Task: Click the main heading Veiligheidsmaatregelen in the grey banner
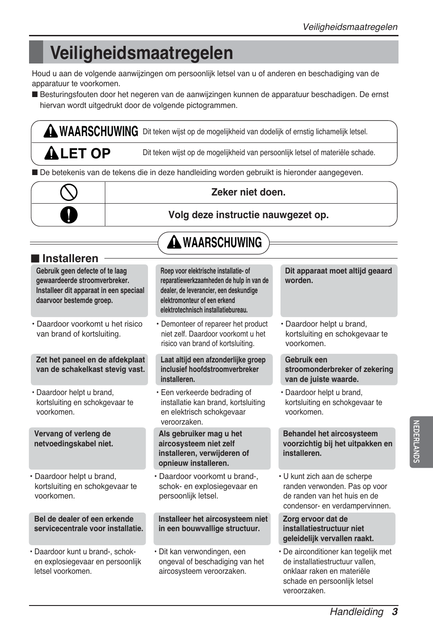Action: (x=142, y=53)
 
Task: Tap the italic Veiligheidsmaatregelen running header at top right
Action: (x=350, y=27)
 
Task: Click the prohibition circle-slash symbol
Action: (x=69, y=192)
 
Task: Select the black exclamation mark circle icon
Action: (x=69, y=215)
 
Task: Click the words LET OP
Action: (x=85, y=153)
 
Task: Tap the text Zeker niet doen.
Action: (x=248, y=192)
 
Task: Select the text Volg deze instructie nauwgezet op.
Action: (x=248, y=215)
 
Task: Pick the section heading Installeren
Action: (x=70, y=258)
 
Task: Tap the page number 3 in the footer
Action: (x=394, y=611)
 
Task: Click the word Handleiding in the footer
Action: (x=356, y=611)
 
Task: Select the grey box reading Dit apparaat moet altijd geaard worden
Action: (x=339, y=290)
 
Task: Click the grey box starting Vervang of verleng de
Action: (x=87, y=448)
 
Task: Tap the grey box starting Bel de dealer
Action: (x=87, y=528)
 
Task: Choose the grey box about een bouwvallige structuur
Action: (x=212, y=528)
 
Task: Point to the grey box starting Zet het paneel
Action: (x=89, y=369)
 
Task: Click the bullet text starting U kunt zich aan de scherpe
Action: (x=336, y=491)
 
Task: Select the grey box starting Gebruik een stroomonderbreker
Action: (x=339, y=369)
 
